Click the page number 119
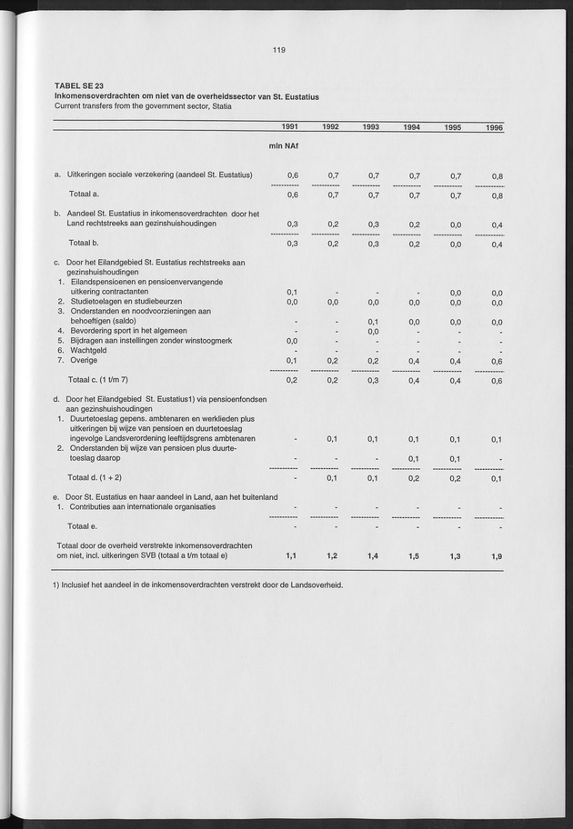[x=279, y=51]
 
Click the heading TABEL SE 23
[x=79, y=85]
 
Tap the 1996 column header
[x=494, y=128]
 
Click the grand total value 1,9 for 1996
[x=497, y=554]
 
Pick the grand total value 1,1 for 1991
[x=292, y=554]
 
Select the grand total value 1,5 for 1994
[x=413, y=554]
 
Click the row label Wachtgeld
[x=88, y=349]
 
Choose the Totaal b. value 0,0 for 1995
[x=455, y=244]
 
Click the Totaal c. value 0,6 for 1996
[x=497, y=381]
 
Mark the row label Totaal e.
[x=85, y=525]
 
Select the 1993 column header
[x=371, y=127]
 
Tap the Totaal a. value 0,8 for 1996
[x=497, y=195]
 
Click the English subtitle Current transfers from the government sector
[x=143, y=105]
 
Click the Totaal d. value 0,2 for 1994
[x=413, y=477]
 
